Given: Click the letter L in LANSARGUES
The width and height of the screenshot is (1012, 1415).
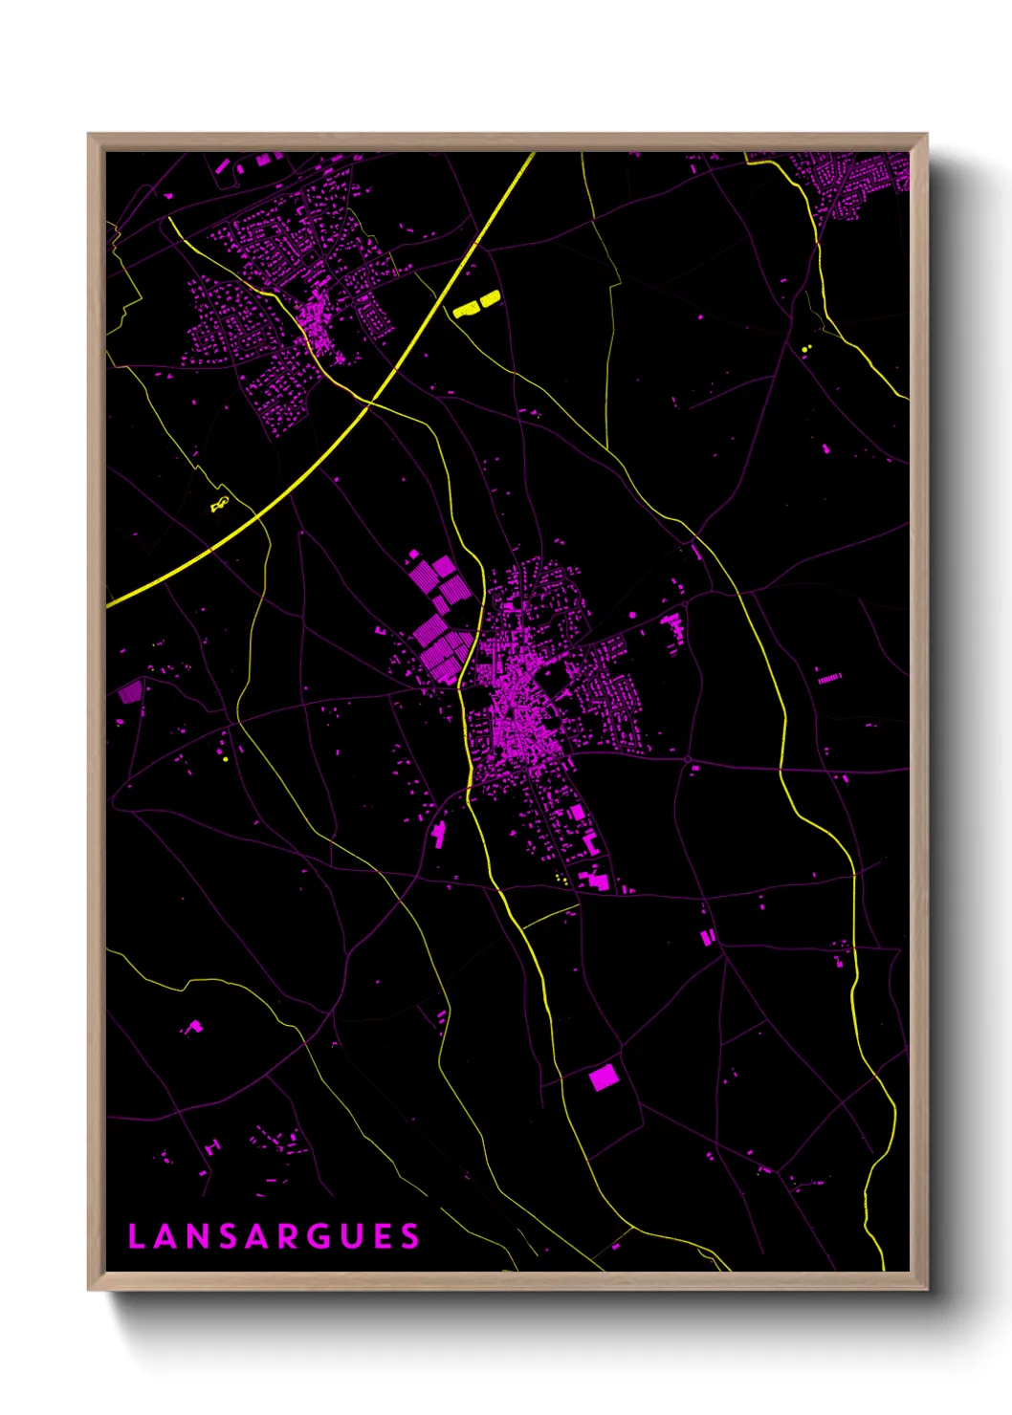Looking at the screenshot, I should click(x=136, y=1237).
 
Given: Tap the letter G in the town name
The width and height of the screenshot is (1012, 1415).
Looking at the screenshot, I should click(x=321, y=1237).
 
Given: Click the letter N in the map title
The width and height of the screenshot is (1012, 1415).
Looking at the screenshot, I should click(x=196, y=1237).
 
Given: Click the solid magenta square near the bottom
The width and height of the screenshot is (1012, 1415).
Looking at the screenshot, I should click(x=604, y=1078).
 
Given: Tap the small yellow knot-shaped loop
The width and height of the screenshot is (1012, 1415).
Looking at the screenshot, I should click(x=220, y=503).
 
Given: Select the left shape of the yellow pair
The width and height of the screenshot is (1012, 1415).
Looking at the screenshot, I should click(x=466, y=309).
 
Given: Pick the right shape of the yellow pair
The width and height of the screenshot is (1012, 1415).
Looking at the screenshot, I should click(x=490, y=299).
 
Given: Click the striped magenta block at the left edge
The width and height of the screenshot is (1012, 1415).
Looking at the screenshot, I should click(x=129, y=691).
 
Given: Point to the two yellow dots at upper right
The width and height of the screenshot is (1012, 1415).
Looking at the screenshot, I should click(x=805, y=349).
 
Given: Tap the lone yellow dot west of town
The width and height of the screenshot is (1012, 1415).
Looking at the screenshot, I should click(x=225, y=760).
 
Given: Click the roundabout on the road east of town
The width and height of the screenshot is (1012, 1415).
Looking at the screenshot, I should click(x=688, y=759).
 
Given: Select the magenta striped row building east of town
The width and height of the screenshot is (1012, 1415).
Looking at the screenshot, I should click(x=829, y=678).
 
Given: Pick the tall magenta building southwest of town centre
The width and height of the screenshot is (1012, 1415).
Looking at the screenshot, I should click(x=439, y=835).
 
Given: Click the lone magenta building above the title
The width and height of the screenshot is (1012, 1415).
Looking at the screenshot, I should click(x=193, y=1028).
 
